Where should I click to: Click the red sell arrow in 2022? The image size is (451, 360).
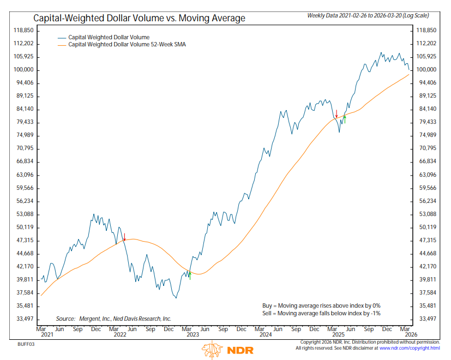click(125, 237)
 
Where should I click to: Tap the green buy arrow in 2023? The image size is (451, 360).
click(190, 275)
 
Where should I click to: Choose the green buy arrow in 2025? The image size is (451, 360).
click(345, 118)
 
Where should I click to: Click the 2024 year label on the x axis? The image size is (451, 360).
click(266, 335)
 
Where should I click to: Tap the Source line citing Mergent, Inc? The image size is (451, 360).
click(113, 319)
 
